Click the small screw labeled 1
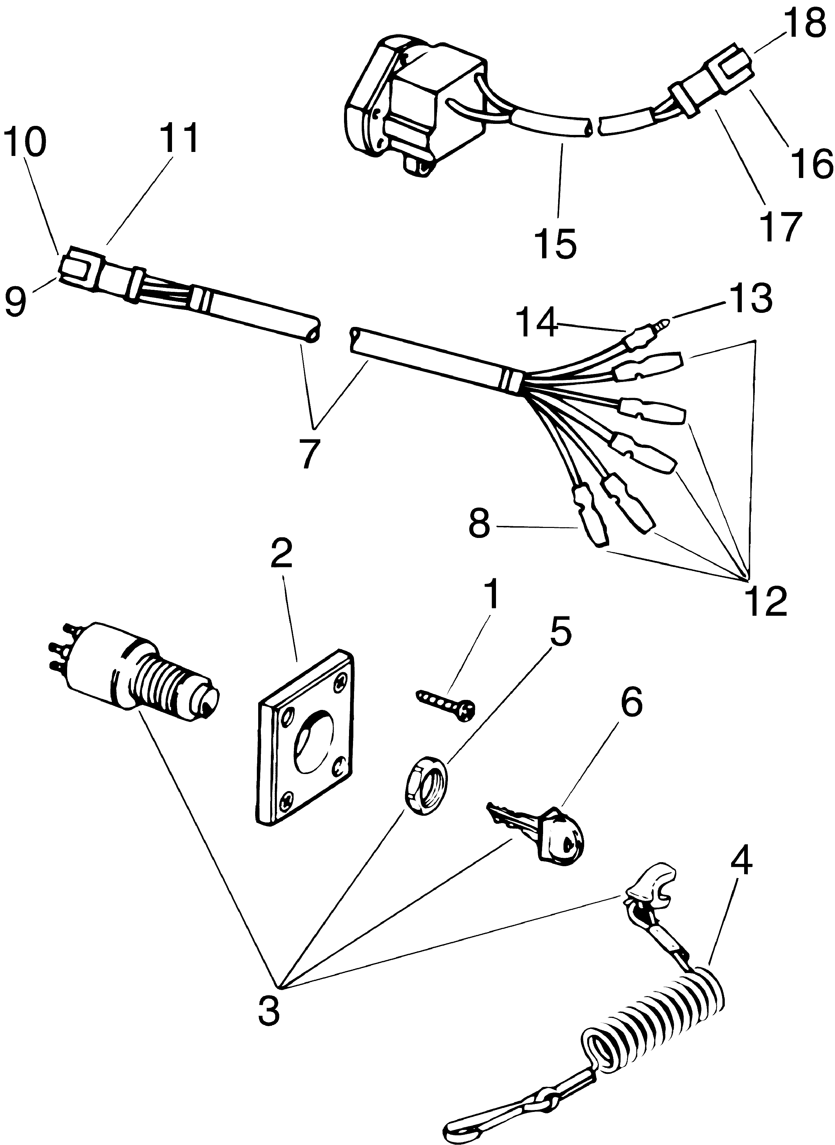tap(445, 704)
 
